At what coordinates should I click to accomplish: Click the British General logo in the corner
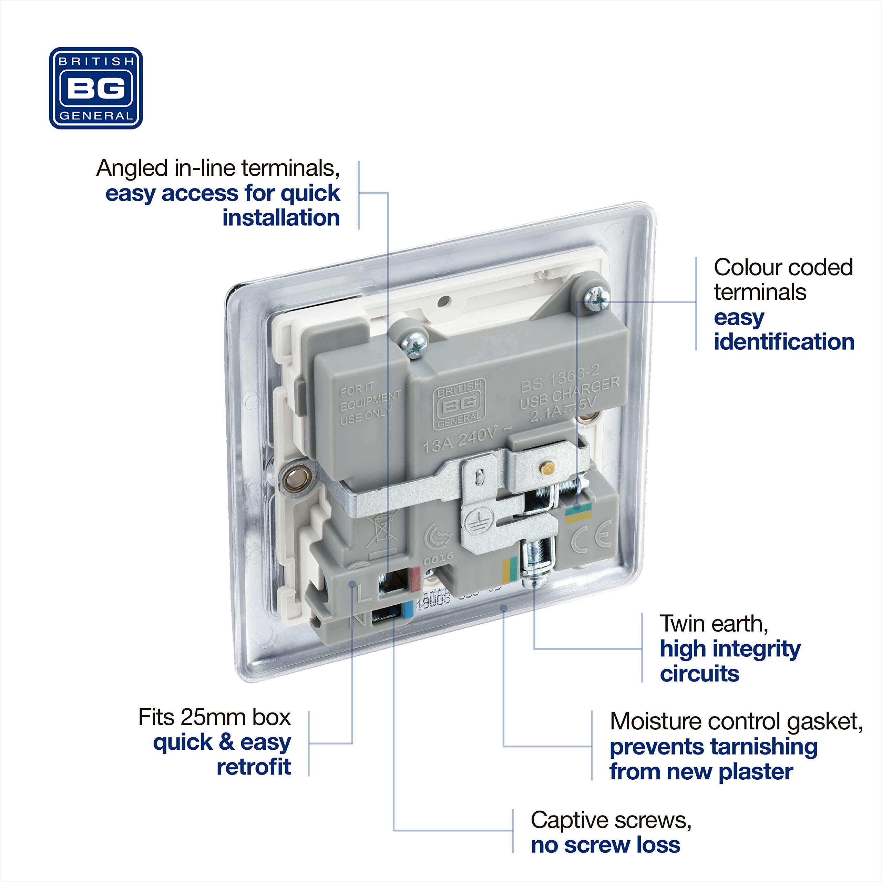[x=96, y=88]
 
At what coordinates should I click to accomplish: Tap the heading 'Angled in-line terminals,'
[x=218, y=168]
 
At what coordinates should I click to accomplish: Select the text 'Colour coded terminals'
[x=782, y=279]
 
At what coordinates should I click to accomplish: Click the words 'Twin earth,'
[x=714, y=624]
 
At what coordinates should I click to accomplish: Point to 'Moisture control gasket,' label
[x=736, y=722]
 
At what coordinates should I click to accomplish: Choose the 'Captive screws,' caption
[x=611, y=820]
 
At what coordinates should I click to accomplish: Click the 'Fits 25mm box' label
[x=214, y=717]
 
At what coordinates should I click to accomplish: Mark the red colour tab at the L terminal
[x=414, y=579]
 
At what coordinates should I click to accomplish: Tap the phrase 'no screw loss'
[x=605, y=845]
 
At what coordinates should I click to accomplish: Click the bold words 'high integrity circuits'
[x=729, y=661]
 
